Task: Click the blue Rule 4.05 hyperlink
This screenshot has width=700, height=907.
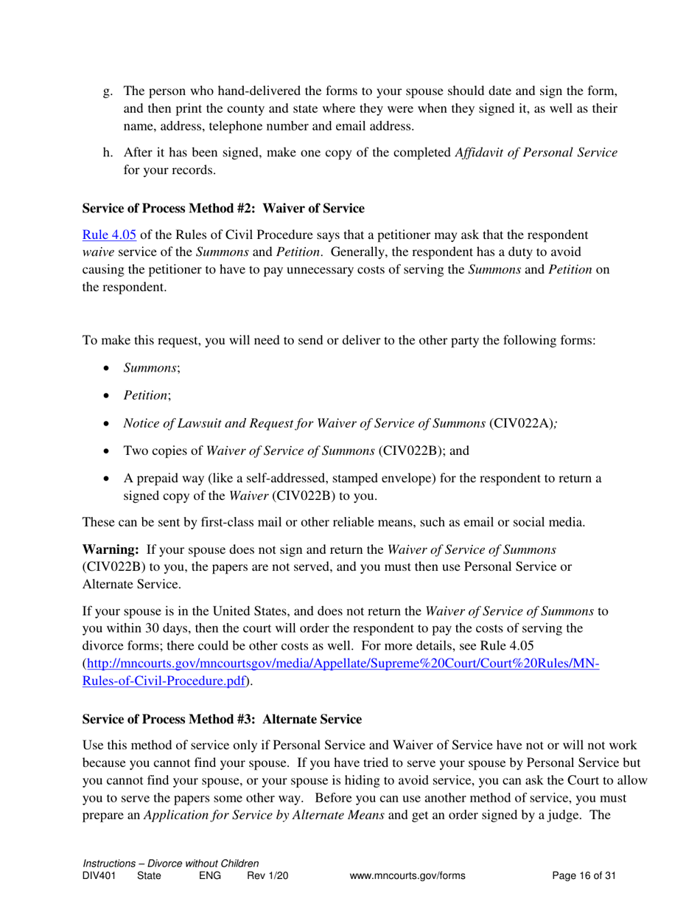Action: point(108,237)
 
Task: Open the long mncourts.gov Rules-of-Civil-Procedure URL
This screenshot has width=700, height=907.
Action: point(343,664)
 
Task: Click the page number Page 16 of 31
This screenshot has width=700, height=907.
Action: point(584,876)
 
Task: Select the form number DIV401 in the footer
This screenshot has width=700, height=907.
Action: point(101,876)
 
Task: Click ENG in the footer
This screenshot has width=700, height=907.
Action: point(210,876)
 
